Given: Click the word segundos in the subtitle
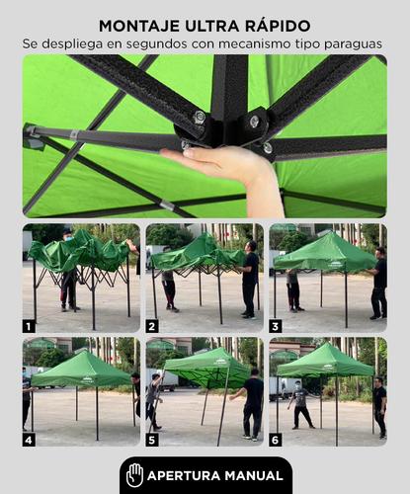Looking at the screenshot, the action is [x=157, y=44].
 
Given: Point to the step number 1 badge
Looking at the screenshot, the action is [x=29, y=327].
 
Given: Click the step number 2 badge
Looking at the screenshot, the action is [x=152, y=327].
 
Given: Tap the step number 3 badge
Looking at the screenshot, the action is [x=276, y=327].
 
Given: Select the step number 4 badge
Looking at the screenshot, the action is [x=29, y=440].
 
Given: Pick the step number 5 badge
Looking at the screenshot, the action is [x=152, y=440].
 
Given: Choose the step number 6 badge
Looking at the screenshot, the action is [x=276, y=440].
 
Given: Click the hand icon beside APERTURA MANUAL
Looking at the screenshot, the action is [x=134, y=475].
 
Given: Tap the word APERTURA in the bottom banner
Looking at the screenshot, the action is [x=184, y=476].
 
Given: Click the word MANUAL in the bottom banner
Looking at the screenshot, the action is [x=254, y=476].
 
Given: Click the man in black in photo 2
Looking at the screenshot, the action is [x=250, y=280].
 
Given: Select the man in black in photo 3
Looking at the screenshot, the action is [x=378, y=284].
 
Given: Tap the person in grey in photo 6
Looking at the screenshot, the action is [x=300, y=404].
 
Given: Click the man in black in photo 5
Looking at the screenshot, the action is [x=251, y=404].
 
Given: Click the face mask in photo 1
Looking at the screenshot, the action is [x=68, y=239].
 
